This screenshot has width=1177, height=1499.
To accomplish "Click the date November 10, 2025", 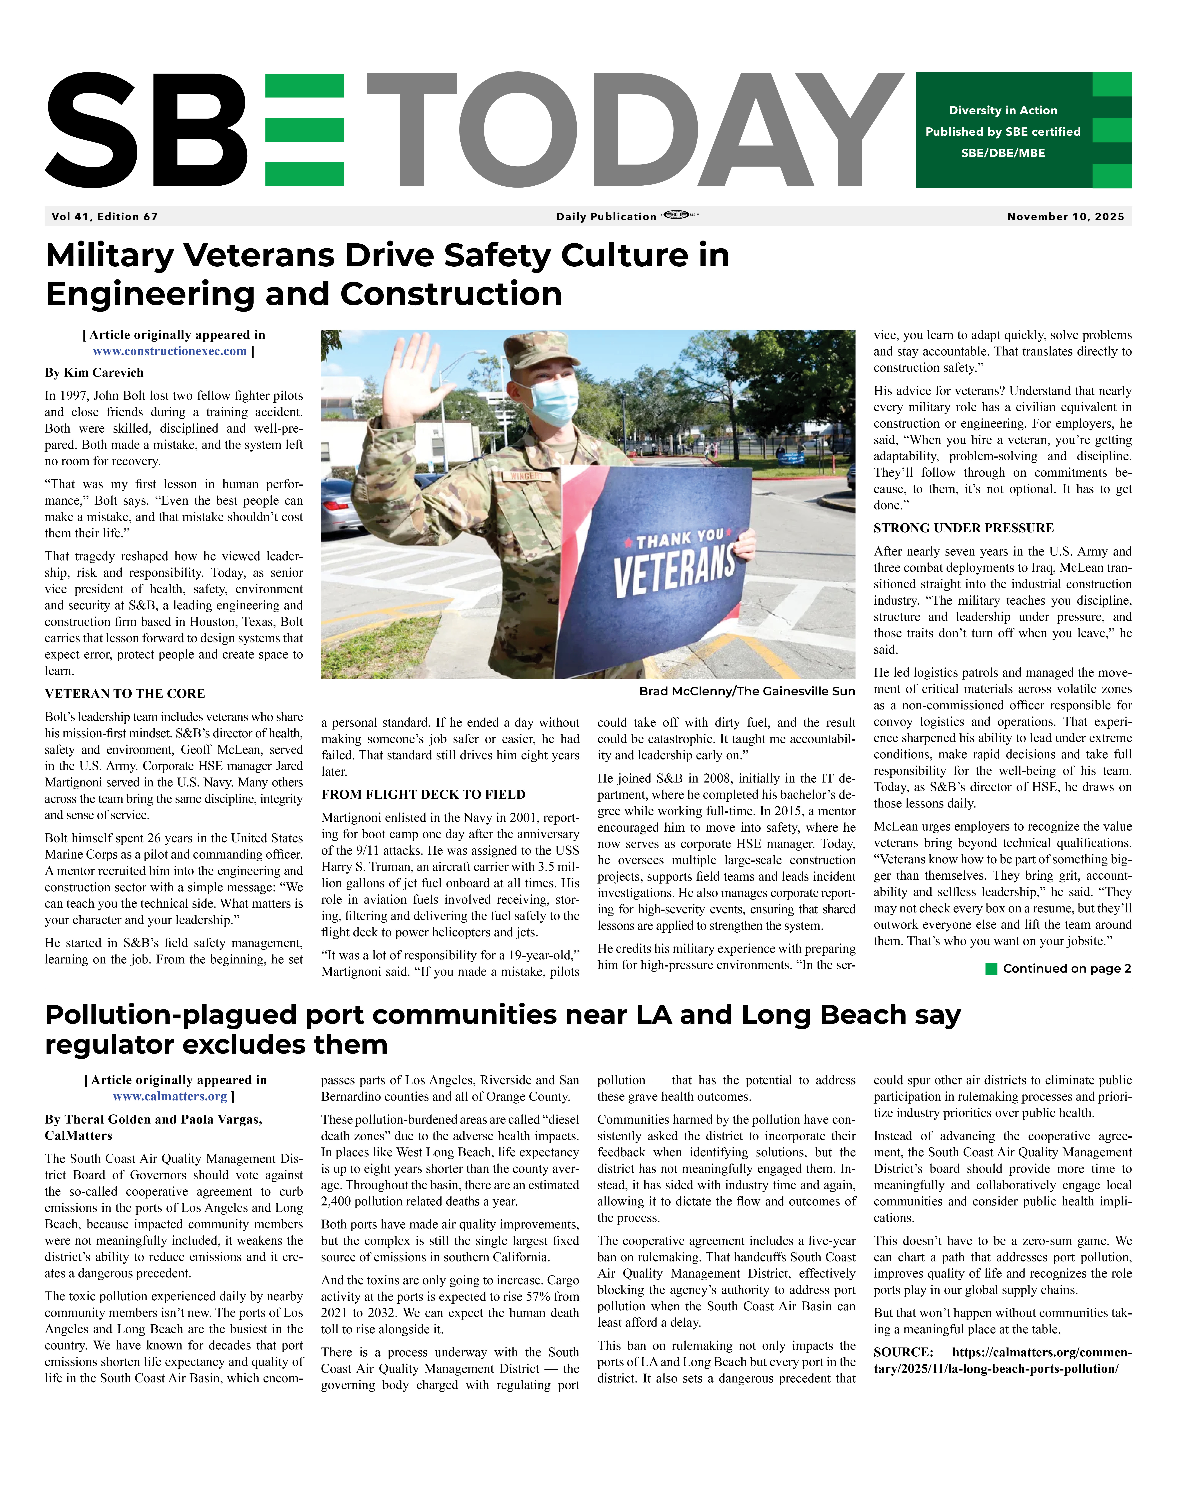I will pos(1065,216).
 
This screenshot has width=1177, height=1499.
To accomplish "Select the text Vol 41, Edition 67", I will pos(105,216).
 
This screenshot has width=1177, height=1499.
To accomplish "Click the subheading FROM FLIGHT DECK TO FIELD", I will pos(423,794).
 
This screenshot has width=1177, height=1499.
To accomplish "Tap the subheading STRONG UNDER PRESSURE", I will pos(963,528).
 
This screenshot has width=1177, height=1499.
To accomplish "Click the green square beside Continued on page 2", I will pos(992,969).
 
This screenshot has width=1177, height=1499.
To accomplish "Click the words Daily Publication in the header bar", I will pos(606,216).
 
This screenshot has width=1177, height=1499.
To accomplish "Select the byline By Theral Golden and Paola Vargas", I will pos(153,1120).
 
